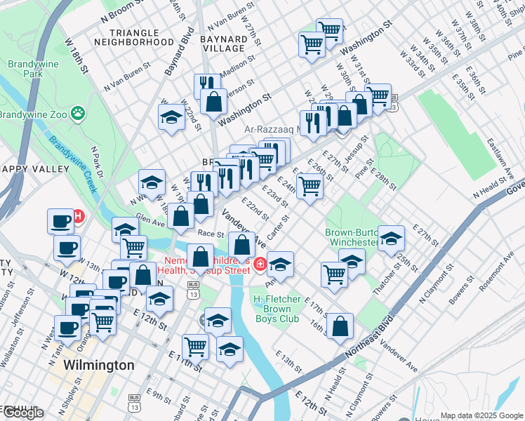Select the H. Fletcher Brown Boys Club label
pos(277,309)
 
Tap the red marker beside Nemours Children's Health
pos(260,265)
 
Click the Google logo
pos(22,413)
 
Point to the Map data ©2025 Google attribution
pos(481,415)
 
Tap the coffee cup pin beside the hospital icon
pos(61,222)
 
